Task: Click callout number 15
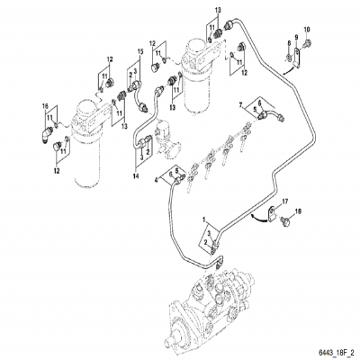coord(139,52)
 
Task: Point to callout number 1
coord(203,219)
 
